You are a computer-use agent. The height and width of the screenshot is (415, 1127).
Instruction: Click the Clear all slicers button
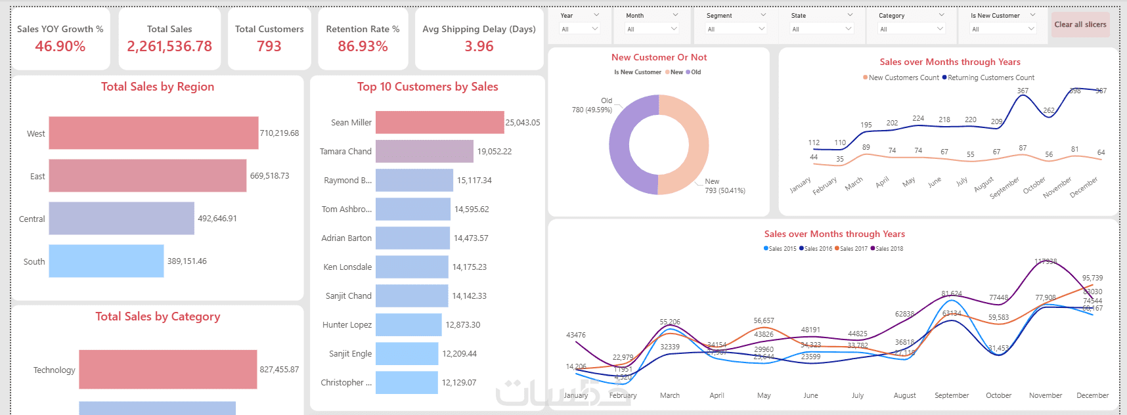click(x=1080, y=25)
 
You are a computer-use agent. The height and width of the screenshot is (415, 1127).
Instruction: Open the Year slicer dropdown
click(x=579, y=29)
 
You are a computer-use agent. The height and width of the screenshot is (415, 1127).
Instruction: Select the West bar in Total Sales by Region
click(x=153, y=133)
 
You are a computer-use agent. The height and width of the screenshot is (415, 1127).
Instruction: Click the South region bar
click(x=106, y=261)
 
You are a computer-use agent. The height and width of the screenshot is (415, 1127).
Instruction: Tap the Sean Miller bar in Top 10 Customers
click(x=439, y=123)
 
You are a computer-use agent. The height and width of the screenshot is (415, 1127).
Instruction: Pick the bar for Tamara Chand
click(x=424, y=152)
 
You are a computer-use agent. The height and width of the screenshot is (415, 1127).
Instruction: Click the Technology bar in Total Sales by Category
click(x=167, y=370)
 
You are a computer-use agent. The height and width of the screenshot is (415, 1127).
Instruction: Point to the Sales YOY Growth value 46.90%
click(x=60, y=47)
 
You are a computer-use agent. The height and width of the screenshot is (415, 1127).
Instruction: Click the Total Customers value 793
click(x=269, y=47)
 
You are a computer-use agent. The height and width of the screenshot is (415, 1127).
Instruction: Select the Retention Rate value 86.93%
click(x=363, y=47)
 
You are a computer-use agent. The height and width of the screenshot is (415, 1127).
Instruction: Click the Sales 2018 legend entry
click(x=889, y=249)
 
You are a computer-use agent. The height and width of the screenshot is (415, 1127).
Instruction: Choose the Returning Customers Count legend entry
click(x=990, y=77)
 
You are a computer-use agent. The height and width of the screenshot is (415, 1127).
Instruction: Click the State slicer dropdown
click(x=821, y=29)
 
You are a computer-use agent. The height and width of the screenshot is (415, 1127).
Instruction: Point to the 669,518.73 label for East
click(x=269, y=176)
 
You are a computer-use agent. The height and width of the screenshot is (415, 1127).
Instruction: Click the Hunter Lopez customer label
click(x=347, y=325)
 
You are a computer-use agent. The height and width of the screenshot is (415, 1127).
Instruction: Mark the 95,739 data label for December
click(x=1092, y=278)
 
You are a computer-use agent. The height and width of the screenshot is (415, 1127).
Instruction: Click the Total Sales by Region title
click(x=158, y=87)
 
